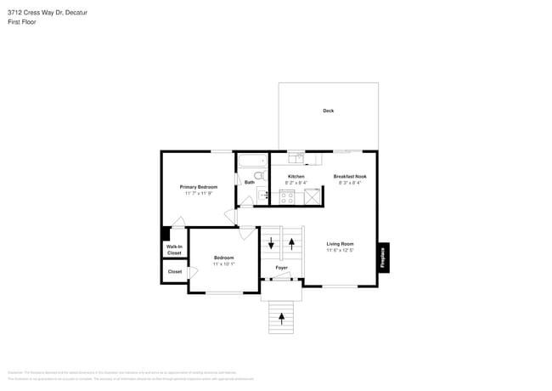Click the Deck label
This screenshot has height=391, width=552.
328,110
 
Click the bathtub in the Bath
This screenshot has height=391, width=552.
252,160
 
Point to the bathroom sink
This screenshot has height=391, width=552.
263,195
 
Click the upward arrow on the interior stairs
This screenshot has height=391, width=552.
292,244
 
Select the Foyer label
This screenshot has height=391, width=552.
281,268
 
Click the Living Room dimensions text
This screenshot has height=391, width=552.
340,250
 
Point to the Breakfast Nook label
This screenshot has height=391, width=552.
349,176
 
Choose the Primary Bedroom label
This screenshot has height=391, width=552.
198,186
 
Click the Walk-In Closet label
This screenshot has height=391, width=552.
174,250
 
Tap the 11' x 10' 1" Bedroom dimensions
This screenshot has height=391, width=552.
223,263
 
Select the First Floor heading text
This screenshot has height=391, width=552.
22,21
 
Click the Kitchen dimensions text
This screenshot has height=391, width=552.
296,183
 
